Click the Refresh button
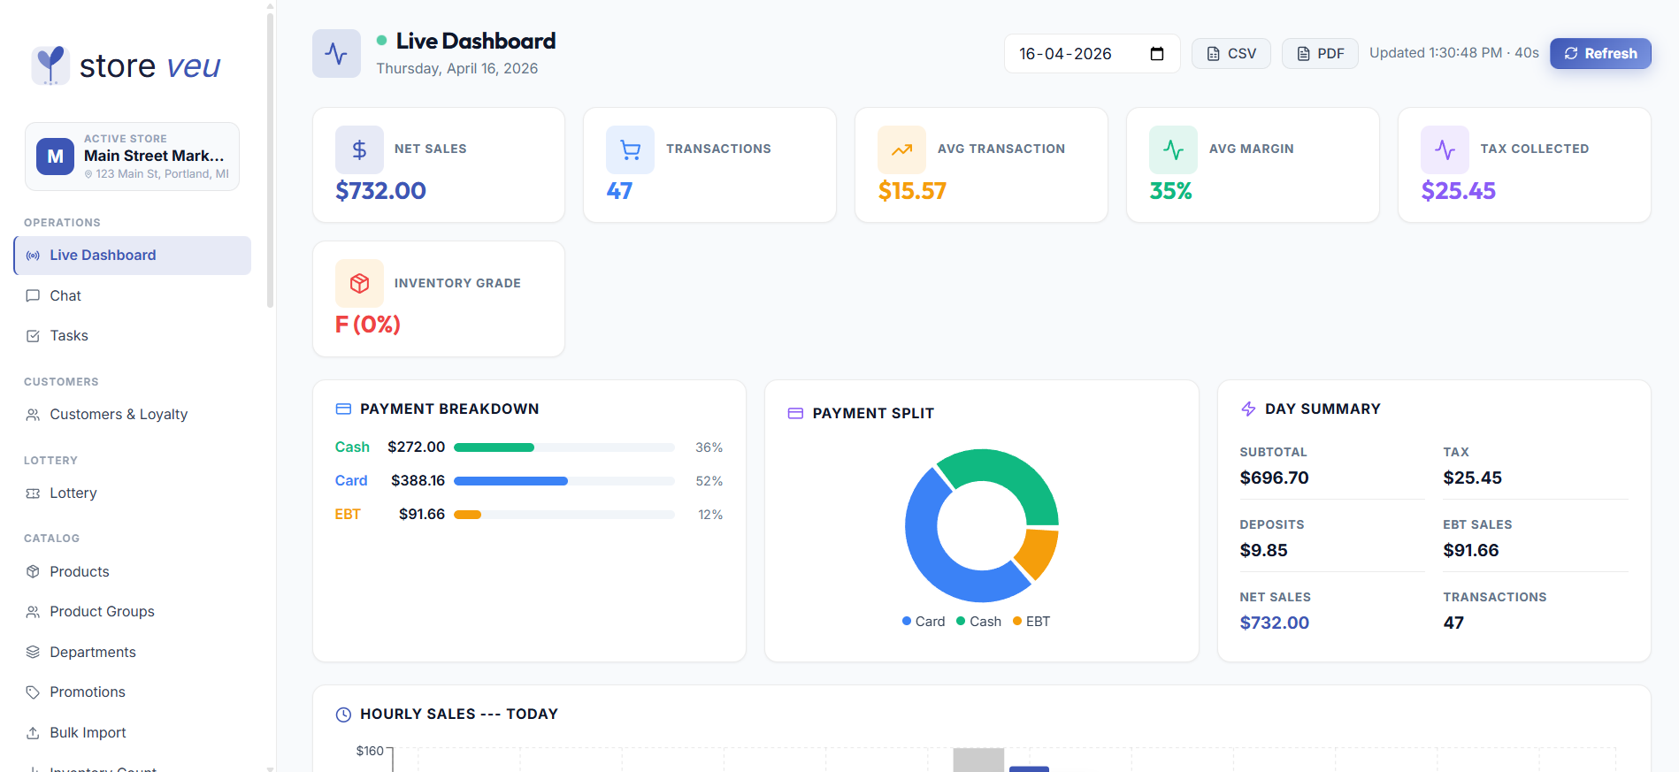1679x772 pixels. pos(1600,53)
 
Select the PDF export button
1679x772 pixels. pos(1320,53)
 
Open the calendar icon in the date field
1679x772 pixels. pos(1156,53)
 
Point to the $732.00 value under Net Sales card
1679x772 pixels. pos(380,190)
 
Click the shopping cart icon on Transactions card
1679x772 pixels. pos(630,149)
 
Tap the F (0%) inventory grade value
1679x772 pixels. pos(368,325)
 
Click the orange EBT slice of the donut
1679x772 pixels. pos(1038,553)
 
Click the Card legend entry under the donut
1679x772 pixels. pos(924,622)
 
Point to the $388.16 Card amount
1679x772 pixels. pos(418,480)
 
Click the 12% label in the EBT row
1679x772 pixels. pos(710,515)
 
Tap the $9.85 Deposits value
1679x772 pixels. pos(1263,550)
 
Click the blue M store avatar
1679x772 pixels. pos(55,157)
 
